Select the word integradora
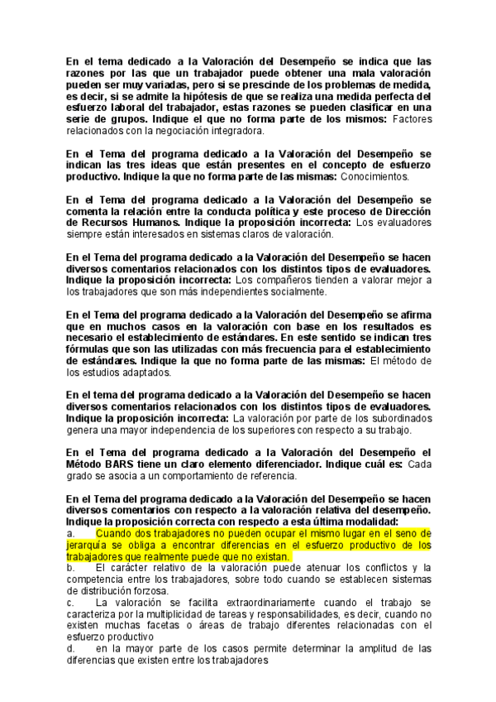click(236, 131)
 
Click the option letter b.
click(71, 568)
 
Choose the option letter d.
click(71, 649)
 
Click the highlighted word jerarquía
click(89, 546)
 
